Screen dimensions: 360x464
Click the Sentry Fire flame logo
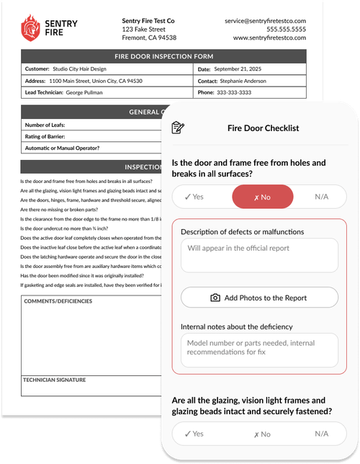click(x=30, y=28)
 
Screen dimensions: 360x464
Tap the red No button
click(x=262, y=196)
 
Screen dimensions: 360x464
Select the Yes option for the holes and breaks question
click(x=194, y=196)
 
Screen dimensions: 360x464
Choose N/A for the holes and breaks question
click(x=323, y=196)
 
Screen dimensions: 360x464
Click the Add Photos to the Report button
click(x=258, y=298)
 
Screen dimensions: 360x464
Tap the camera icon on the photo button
click(x=215, y=298)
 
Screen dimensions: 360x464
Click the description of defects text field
click(x=258, y=255)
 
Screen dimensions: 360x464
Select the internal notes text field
click(x=258, y=350)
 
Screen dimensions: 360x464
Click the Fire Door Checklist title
click(x=263, y=128)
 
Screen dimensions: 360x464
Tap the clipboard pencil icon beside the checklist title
click(x=177, y=128)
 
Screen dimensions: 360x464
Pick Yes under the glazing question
click(x=194, y=434)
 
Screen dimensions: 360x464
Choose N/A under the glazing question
click(x=323, y=434)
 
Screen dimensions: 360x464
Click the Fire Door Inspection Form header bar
click(x=163, y=55)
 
